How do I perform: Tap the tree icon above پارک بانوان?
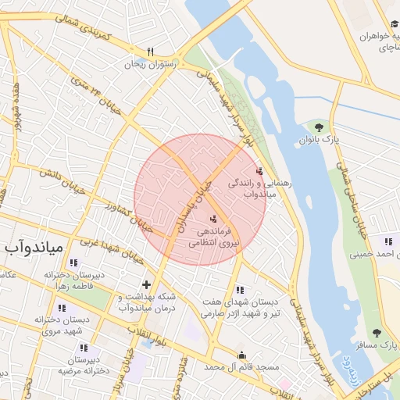pos(318,127)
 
